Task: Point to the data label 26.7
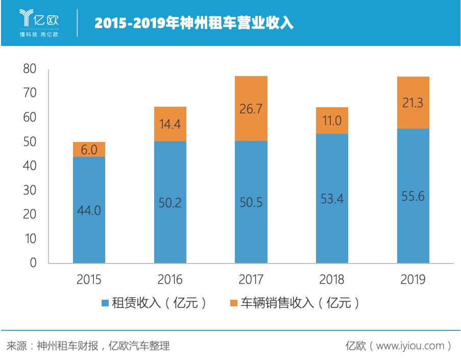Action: [x=251, y=109]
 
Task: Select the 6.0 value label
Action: [x=89, y=150]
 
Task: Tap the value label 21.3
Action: [x=413, y=103]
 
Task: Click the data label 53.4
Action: [x=332, y=199]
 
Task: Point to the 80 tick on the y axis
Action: [x=30, y=69]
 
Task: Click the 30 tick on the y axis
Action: [x=30, y=190]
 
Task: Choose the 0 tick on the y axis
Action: [x=33, y=263]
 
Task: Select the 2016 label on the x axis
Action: [x=170, y=280]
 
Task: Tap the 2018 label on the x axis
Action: [x=332, y=280]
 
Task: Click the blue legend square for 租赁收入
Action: [x=105, y=303]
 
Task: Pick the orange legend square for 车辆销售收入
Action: [x=233, y=303]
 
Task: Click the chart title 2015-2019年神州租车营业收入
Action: [x=193, y=23]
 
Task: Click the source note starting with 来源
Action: [x=87, y=346]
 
